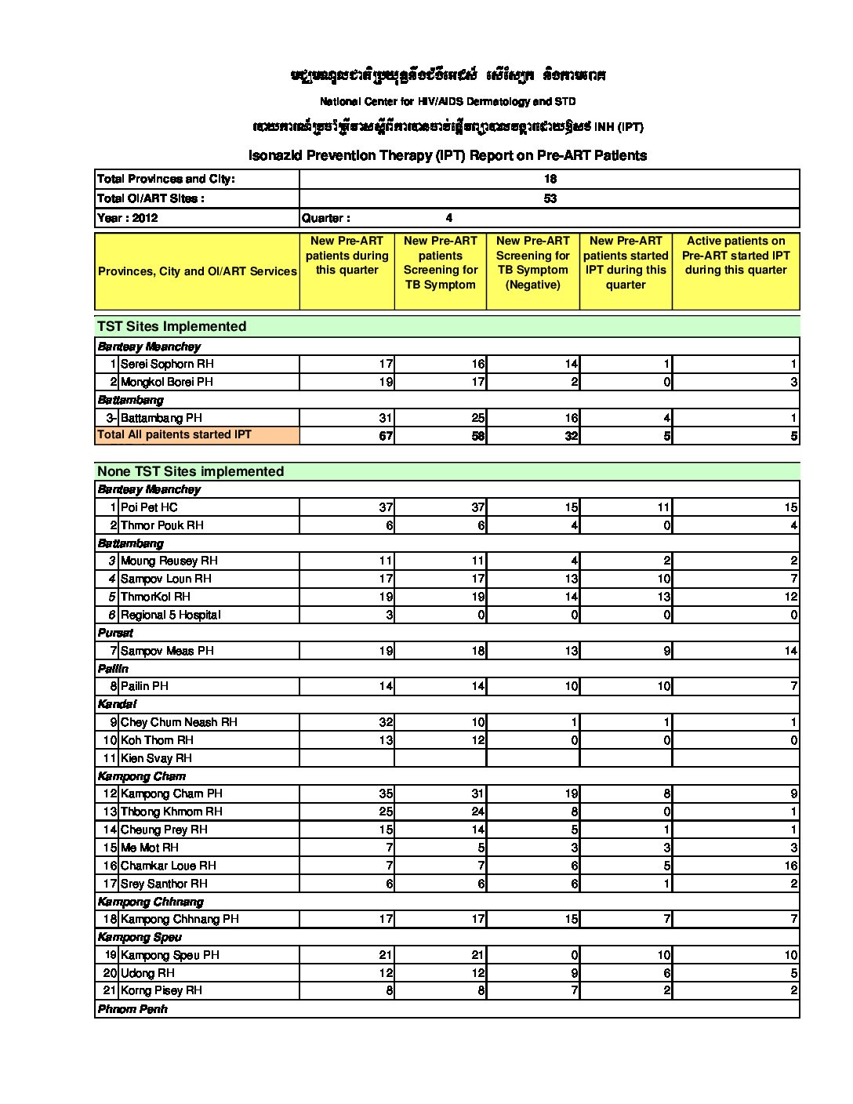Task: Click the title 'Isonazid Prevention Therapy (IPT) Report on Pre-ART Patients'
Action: point(447,155)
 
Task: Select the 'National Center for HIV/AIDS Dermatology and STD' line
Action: point(447,101)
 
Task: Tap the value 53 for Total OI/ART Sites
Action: point(550,198)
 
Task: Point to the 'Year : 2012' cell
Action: point(128,218)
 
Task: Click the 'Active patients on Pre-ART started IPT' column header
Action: point(735,256)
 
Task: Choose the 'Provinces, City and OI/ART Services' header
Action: point(197,271)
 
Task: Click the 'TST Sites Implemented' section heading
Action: point(172,326)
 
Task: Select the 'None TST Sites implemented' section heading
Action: point(191,471)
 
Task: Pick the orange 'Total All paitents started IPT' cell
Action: point(174,434)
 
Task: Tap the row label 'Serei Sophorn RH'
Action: point(167,364)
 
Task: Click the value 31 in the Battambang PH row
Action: point(385,418)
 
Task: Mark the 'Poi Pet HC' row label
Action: point(149,507)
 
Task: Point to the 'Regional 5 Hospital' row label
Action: point(171,615)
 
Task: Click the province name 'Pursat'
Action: point(115,633)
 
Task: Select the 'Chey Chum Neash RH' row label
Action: point(179,722)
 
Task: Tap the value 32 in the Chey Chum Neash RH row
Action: point(385,722)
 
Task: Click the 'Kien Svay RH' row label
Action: point(156,758)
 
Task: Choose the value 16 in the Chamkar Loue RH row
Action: point(790,866)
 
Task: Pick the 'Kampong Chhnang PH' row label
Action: point(180,919)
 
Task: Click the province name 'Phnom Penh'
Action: point(132,1009)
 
